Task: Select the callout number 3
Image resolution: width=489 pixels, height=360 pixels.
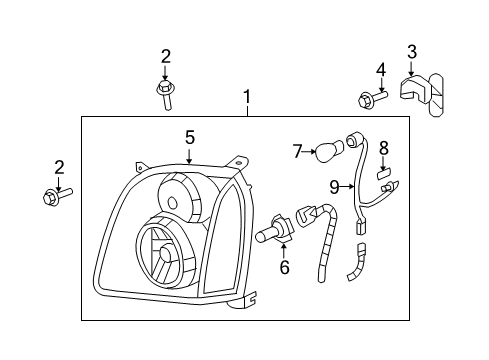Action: [411, 51]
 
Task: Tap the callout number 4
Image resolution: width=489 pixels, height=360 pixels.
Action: [380, 69]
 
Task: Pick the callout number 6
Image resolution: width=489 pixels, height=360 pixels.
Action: [285, 267]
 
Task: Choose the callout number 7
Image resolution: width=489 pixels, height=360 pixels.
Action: [297, 150]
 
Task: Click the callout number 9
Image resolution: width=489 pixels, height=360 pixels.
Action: [334, 185]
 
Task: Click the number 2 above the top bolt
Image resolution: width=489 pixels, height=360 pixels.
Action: [166, 56]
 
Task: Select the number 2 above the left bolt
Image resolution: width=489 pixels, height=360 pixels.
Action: [58, 166]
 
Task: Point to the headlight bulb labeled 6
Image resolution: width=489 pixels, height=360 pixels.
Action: [281, 232]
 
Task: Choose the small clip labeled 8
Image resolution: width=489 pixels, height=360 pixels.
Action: [382, 174]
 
